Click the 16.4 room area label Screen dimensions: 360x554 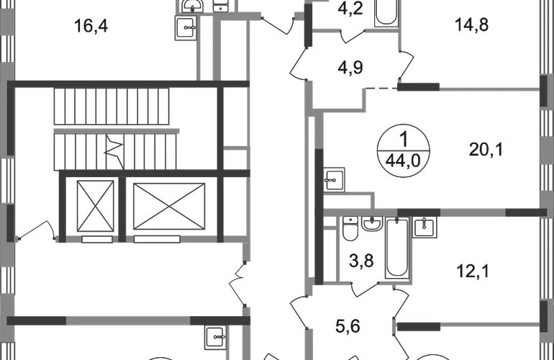pos(91,27)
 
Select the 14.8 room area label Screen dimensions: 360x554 pos(472,27)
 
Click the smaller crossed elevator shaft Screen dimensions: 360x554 pos(94,204)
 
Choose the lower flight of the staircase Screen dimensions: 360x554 pos(115,152)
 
